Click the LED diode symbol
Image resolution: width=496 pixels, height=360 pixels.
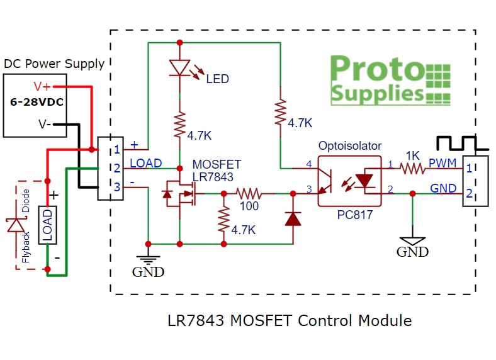pos(179,68)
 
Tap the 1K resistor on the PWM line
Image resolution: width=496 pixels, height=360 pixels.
pos(412,169)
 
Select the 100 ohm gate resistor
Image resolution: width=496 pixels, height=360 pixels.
pos(249,193)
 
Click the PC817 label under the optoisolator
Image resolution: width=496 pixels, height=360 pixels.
pos(354,215)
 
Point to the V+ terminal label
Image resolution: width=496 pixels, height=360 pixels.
pos(42,86)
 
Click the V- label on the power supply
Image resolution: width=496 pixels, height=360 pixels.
pos(45,124)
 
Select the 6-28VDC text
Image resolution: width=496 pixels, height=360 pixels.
pos(37,102)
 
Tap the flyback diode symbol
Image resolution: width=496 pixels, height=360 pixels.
pos(16,225)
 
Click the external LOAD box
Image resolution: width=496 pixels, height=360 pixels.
pos(47,225)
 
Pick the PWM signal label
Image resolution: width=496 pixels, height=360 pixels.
pos(442,163)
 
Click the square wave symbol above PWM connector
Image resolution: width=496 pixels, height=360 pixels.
pos(463,143)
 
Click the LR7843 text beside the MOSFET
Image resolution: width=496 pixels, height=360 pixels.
pos(213,177)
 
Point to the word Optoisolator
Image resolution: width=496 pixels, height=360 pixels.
pos(349,146)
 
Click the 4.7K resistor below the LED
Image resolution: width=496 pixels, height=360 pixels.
pos(179,125)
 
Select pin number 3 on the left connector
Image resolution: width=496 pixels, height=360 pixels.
pos(117,187)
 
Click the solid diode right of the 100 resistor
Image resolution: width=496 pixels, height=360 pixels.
pos(293,218)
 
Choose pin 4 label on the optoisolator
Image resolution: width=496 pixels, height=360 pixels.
pos(309,164)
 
